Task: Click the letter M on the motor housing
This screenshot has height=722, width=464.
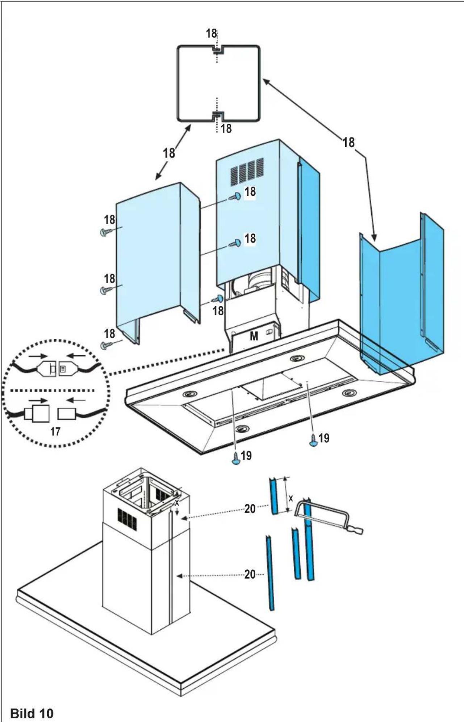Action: (x=254, y=337)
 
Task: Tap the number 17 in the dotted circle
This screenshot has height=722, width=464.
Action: (x=55, y=431)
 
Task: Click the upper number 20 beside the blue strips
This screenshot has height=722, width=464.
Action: (x=250, y=509)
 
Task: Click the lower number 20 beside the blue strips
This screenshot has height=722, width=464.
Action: (x=250, y=574)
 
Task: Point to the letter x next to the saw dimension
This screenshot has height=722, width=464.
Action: (x=291, y=499)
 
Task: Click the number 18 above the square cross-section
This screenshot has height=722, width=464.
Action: (x=211, y=34)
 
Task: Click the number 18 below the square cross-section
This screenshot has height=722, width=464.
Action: (x=226, y=128)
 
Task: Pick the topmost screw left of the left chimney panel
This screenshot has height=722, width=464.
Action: (x=105, y=232)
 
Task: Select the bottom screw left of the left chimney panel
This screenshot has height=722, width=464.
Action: (x=105, y=345)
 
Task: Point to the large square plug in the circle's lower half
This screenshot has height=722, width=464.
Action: (x=41, y=413)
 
